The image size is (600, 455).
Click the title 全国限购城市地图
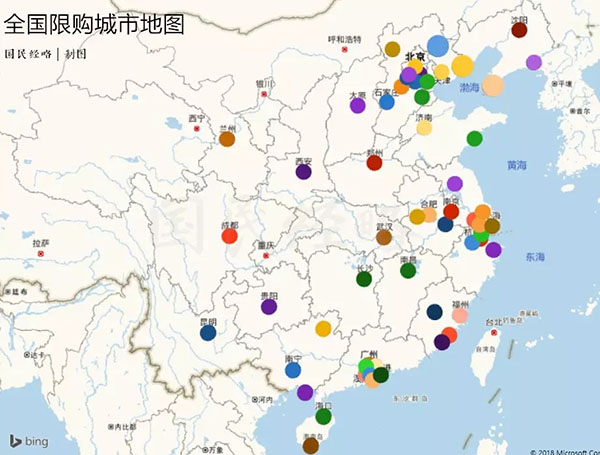pos(95,24)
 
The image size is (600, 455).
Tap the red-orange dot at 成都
pos(229,236)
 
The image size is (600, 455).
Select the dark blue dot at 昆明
pos(208,333)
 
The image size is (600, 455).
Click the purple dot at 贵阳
pos(268,307)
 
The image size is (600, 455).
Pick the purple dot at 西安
pos(303,172)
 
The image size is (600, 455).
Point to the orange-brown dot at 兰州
pos(227,139)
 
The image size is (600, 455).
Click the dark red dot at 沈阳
pos(519,30)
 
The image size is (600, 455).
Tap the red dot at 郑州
pos(374,163)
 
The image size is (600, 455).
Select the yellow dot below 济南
pos(424,128)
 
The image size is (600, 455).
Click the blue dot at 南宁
pos(293,370)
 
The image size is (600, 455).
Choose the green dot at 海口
pos(323,416)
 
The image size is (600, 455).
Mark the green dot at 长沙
pos(364,279)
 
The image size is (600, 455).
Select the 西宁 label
pos(196,118)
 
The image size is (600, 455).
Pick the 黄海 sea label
pos(517,165)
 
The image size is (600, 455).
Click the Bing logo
pos(30,441)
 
